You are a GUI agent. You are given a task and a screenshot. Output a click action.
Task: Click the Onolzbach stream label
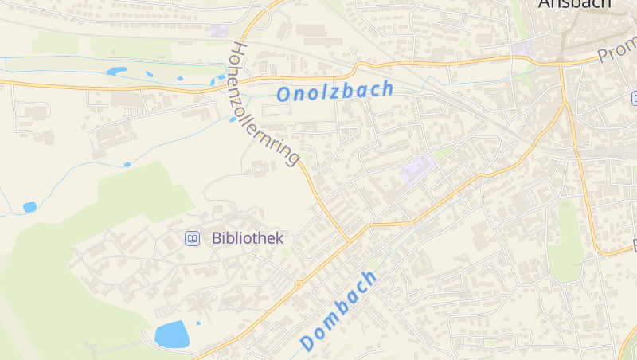point(334,91)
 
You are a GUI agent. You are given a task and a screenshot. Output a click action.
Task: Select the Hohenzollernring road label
point(264,104)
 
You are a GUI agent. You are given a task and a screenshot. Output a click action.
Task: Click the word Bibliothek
point(248,238)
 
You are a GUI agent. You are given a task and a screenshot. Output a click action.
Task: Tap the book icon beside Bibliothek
point(192,238)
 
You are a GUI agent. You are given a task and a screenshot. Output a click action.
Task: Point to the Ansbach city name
point(574,4)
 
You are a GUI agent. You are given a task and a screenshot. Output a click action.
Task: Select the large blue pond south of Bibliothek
point(171,335)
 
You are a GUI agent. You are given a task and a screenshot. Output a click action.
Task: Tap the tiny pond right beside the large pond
point(197,324)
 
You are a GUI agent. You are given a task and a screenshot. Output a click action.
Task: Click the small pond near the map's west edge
point(29,207)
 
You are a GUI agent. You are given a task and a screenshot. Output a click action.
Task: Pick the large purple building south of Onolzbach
point(419,169)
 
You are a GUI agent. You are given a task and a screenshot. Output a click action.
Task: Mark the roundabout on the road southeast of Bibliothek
point(299,284)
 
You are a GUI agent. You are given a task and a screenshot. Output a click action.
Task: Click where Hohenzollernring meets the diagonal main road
point(350,238)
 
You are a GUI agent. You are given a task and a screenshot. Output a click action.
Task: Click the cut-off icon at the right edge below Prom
point(634,98)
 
